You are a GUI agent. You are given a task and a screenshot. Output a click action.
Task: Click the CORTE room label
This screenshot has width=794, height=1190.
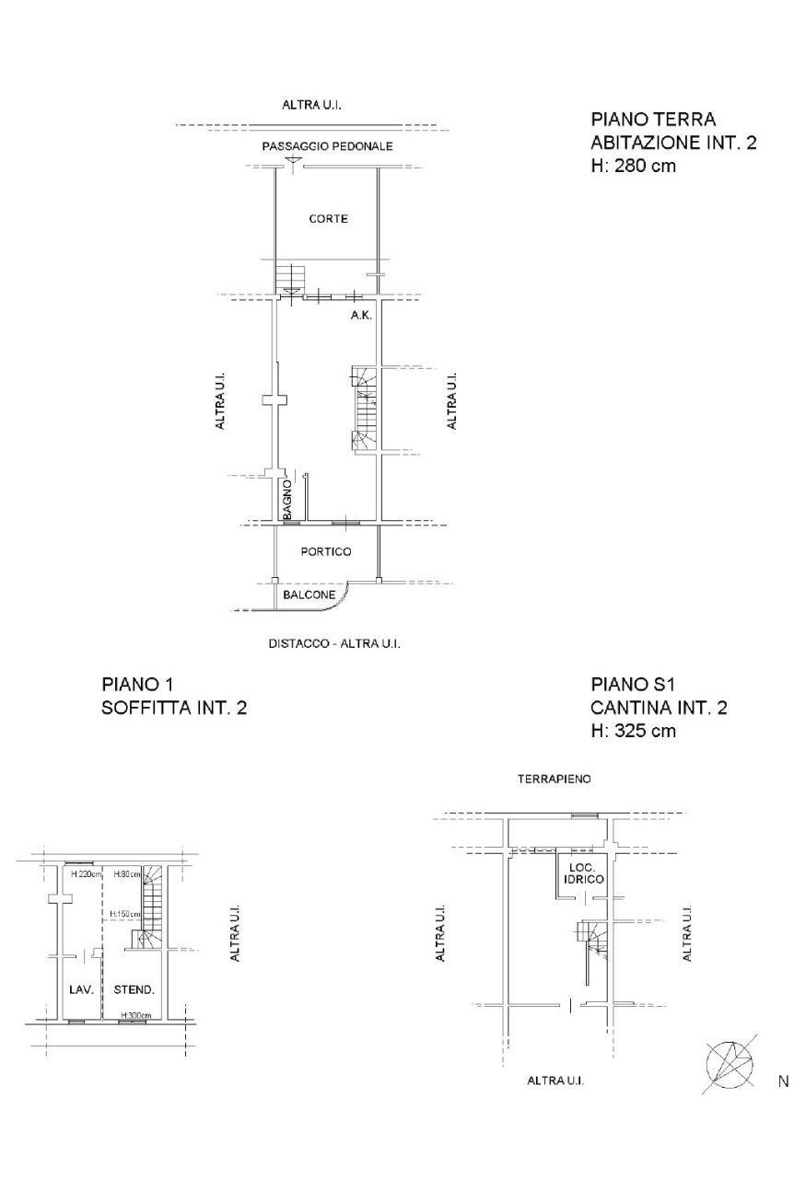pyautogui.click(x=328, y=218)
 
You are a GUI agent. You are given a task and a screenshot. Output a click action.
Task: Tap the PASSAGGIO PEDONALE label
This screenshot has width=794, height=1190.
pyautogui.click(x=327, y=146)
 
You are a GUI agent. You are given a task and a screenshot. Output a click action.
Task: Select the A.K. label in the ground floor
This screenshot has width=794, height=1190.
pyautogui.click(x=361, y=315)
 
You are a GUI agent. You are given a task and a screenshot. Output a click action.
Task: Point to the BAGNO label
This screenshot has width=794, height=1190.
pyautogui.click(x=287, y=500)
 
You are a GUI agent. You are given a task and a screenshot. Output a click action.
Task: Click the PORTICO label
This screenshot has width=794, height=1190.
pyautogui.click(x=326, y=551)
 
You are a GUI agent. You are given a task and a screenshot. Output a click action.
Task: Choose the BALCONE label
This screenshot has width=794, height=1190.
pyautogui.click(x=309, y=595)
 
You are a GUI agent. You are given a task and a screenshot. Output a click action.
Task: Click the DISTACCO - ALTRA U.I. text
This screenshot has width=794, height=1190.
pyautogui.click(x=334, y=643)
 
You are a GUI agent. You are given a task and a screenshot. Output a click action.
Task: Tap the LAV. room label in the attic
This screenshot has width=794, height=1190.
pyautogui.click(x=81, y=989)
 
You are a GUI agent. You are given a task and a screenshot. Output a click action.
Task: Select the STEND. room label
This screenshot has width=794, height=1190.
pyautogui.click(x=134, y=989)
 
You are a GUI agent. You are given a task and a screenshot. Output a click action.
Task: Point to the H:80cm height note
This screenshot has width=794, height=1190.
pyautogui.click(x=127, y=874)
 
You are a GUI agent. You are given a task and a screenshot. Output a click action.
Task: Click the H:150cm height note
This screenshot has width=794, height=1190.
pyautogui.click(x=125, y=914)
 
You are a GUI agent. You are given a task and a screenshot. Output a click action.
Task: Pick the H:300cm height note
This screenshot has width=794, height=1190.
pyautogui.click(x=136, y=1015)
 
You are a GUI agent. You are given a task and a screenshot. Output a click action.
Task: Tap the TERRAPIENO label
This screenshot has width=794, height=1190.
pyautogui.click(x=555, y=779)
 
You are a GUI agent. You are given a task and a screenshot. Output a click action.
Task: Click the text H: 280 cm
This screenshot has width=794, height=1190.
pyautogui.click(x=634, y=166)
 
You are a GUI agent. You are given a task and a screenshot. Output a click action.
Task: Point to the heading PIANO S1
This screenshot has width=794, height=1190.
pyautogui.click(x=633, y=684)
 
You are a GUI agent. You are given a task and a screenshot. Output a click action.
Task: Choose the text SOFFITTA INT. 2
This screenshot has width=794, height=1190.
pyautogui.click(x=174, y=708)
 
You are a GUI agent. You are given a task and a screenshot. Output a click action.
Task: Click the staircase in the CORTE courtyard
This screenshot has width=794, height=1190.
pyautogui.click(x=290, y=280)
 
